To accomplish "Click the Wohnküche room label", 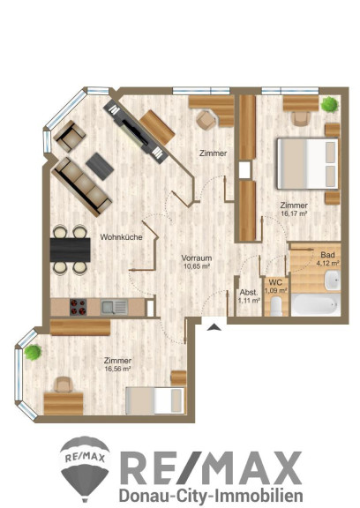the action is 121,237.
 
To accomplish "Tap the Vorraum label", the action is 197,258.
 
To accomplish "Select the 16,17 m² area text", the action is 294,213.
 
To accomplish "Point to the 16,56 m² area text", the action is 117,369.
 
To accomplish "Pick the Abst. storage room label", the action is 249,293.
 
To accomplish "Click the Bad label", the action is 327,255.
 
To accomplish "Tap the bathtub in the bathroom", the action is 315,305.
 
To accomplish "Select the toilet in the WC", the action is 276,307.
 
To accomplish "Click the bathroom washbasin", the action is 333,280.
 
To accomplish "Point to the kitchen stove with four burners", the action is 79,307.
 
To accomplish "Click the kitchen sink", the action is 114,307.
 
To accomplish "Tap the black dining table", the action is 71,250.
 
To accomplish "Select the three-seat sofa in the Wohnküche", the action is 82,187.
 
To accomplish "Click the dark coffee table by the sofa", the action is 100,166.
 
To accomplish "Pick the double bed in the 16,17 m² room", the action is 308,164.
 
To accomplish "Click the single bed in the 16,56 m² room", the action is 156,400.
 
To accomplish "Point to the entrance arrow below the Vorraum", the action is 214,327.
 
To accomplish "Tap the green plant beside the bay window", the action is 33,353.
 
